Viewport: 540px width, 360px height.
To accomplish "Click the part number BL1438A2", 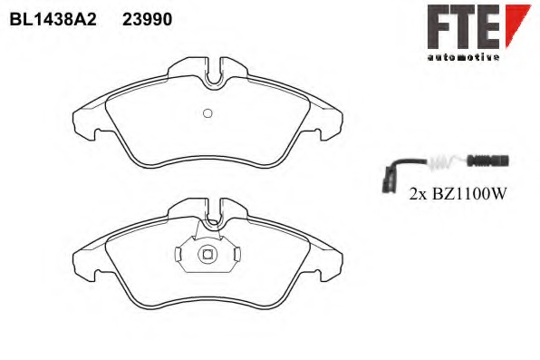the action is [x=53, y=19].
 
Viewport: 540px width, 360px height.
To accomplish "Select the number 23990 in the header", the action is [x=148, y=19].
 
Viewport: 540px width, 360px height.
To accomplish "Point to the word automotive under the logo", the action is [x=463, y=57].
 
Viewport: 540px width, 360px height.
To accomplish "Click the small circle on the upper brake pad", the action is [x=207, y=113].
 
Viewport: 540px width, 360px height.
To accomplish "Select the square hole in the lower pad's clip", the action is [x=207, y=254].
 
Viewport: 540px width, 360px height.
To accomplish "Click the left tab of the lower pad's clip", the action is [x=178, y=255].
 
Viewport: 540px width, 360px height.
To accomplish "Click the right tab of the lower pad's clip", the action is [x=236, y=255].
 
